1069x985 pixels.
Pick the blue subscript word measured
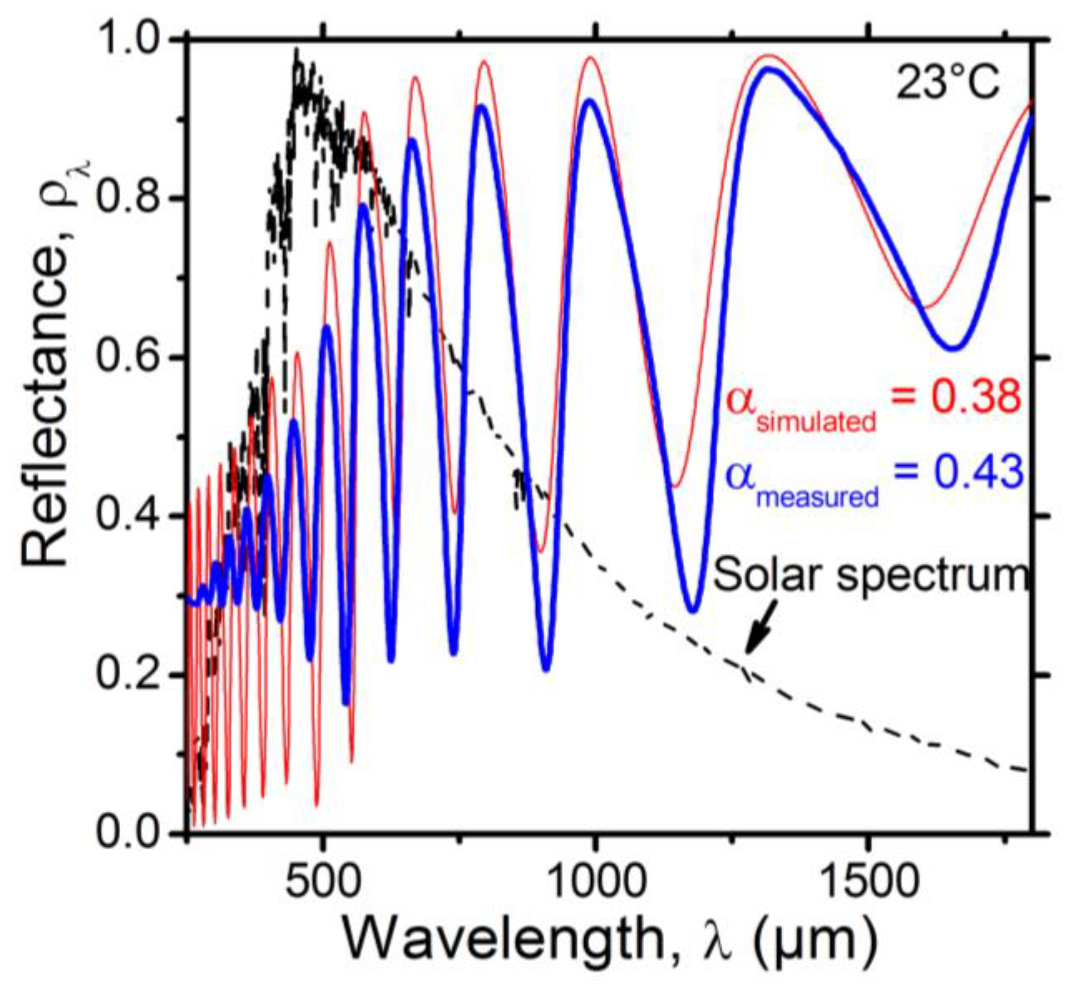[x=818, y=498]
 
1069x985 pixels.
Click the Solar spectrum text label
[x=871, y=575]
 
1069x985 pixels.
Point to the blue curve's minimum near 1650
[x=952, y=348]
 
